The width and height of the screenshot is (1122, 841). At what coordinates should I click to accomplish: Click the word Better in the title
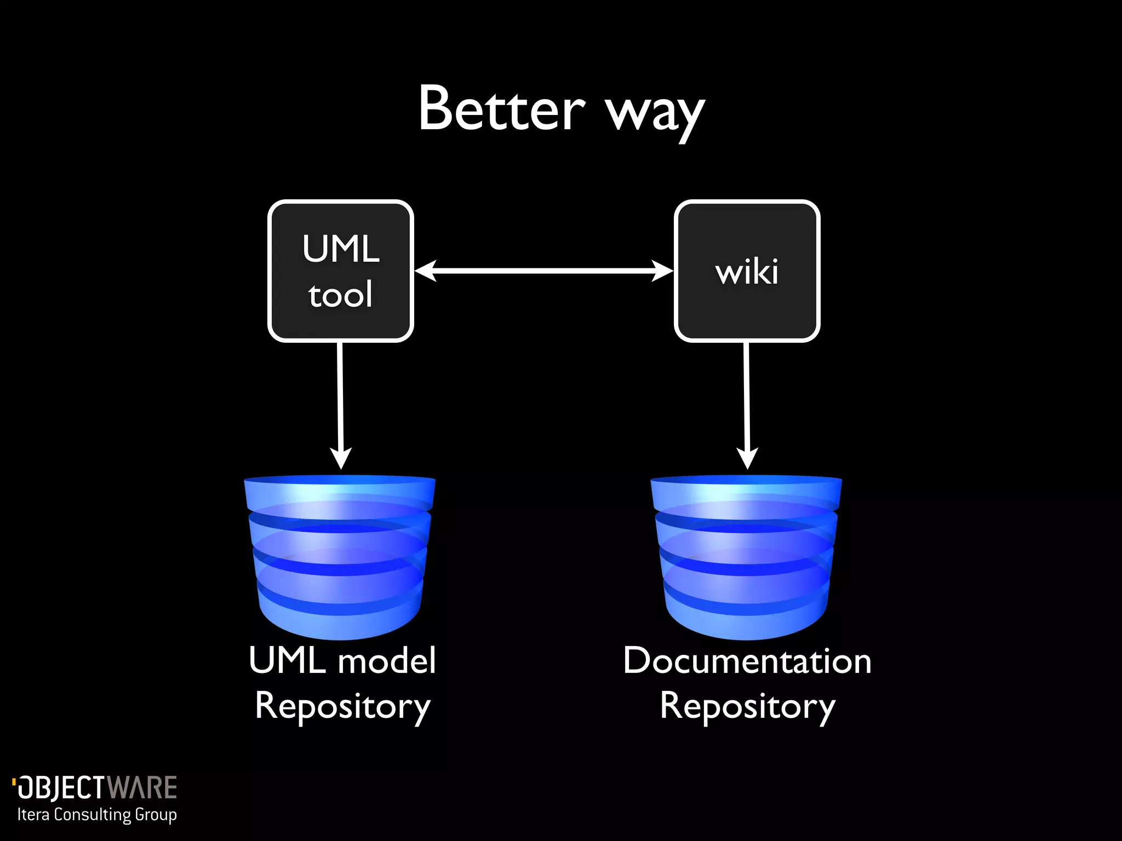pyautogui.click(x=501, y=110)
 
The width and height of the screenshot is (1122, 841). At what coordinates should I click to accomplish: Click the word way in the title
pyautogui.click(x=655, y=115)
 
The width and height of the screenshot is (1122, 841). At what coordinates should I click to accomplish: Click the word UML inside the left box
pyautogui.click(x=341, y=249)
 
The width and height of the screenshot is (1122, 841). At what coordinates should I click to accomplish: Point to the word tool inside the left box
pyautogui.click(x=340, y=295)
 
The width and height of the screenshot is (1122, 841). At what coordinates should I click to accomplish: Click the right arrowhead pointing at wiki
pyautogui.click(x=662, y=270)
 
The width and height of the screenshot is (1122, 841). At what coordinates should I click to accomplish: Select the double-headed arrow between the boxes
pyautogui.click(x=543, y=270)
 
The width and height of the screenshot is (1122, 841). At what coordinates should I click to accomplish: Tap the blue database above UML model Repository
pyautogui.click(x=340, y=556)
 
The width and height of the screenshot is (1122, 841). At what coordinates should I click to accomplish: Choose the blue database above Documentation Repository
pyautogui.click(x=746, y=556)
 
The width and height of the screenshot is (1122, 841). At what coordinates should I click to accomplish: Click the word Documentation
pyautogui.click(x=747, y=661)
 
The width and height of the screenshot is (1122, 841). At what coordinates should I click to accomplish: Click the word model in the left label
pyautogui.click(x=387, y=661)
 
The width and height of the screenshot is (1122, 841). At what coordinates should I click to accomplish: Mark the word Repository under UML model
pyautogui.click(x=342, y=706)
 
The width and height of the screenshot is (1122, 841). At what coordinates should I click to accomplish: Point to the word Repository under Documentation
pyautogui.click(x=747, y=706)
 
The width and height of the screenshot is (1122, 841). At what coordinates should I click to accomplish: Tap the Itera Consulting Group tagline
pyautogui.click(x=97, y=815)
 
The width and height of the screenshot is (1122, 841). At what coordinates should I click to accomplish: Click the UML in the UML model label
pyautogui.click(x=288, y=661)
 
